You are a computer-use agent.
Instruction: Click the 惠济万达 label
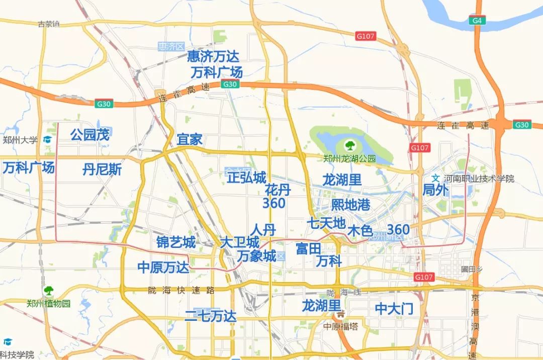click(214, 56)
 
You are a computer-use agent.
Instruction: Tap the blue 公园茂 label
click(90, 135)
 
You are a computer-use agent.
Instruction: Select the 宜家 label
click(190, 140)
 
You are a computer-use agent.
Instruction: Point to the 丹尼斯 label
click(102, 169)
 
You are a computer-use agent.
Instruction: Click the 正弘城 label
click(246, 178)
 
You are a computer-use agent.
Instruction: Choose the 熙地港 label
click(351, 205)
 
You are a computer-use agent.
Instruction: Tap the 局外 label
click(435, 190)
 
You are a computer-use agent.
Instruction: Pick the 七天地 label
click(326, 223)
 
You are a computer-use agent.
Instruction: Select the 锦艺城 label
click(176, 242)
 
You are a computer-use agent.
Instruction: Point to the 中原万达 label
click(163, 267)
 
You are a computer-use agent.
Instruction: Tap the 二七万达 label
click(210, 316)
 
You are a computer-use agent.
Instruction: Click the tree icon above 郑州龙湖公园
click(349, 146)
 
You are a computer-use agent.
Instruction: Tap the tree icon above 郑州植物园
click(49, 291)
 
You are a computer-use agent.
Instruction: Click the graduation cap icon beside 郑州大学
click(48, 140)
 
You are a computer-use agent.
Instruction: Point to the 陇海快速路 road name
click(182, 290)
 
